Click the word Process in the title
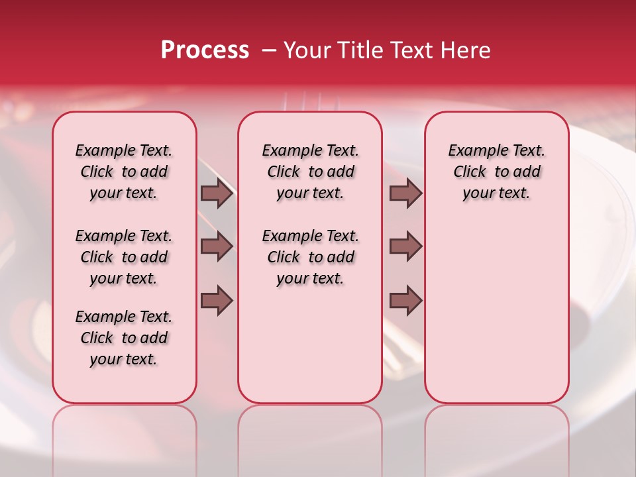click(204, 50)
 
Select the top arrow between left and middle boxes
click(217, 193)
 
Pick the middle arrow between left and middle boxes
click(217, 246)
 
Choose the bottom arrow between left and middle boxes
click(217, 301)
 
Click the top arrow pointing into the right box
click(405, 193)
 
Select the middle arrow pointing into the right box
click(405, 246)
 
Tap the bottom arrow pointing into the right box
click(405, 301)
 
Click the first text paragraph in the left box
click(124, 172)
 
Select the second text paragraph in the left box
click(124, 257)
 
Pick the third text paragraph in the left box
click(124, 338)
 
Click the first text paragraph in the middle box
click(310, 172)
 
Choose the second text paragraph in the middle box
click(310, 257)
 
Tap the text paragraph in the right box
click(496, 172)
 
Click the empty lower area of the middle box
click(310, 344)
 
